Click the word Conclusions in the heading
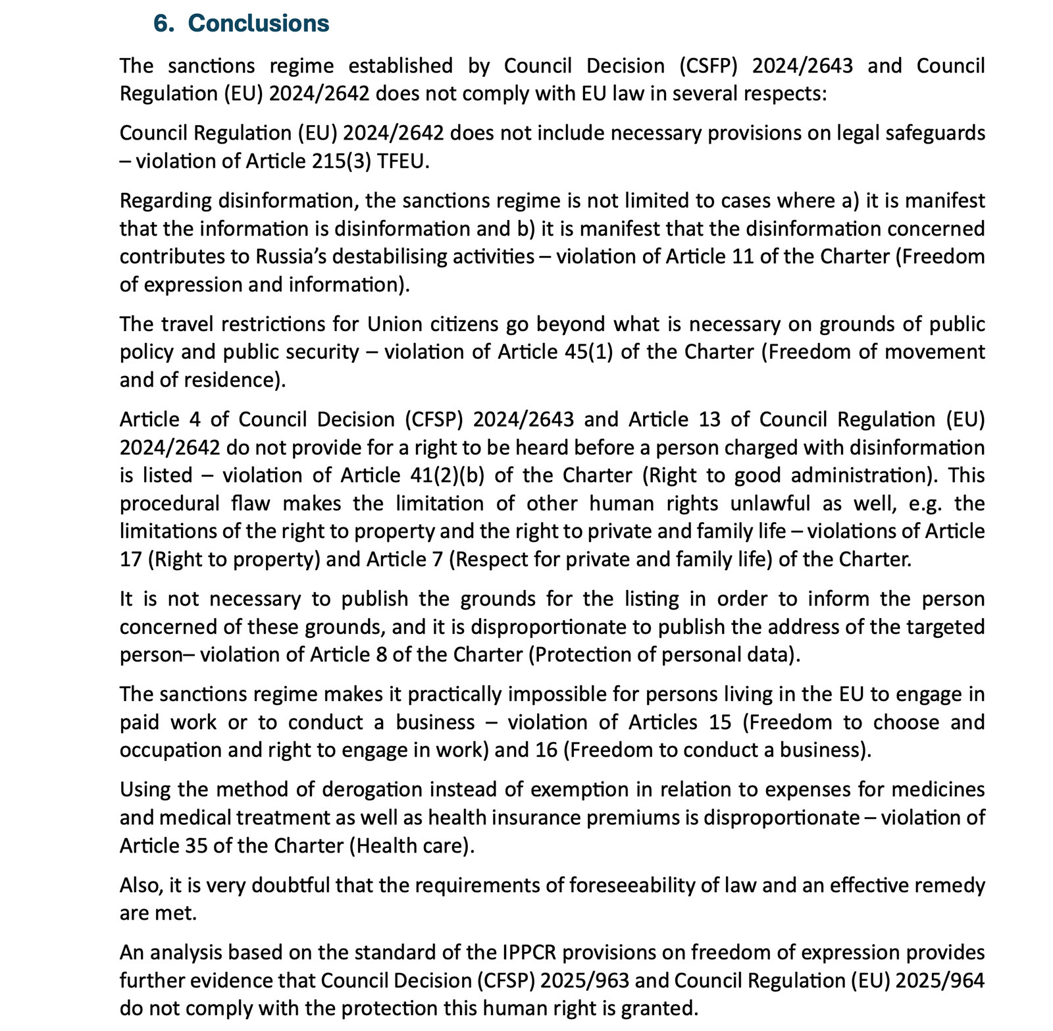258,23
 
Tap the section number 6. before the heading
164,23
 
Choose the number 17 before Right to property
130,559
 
